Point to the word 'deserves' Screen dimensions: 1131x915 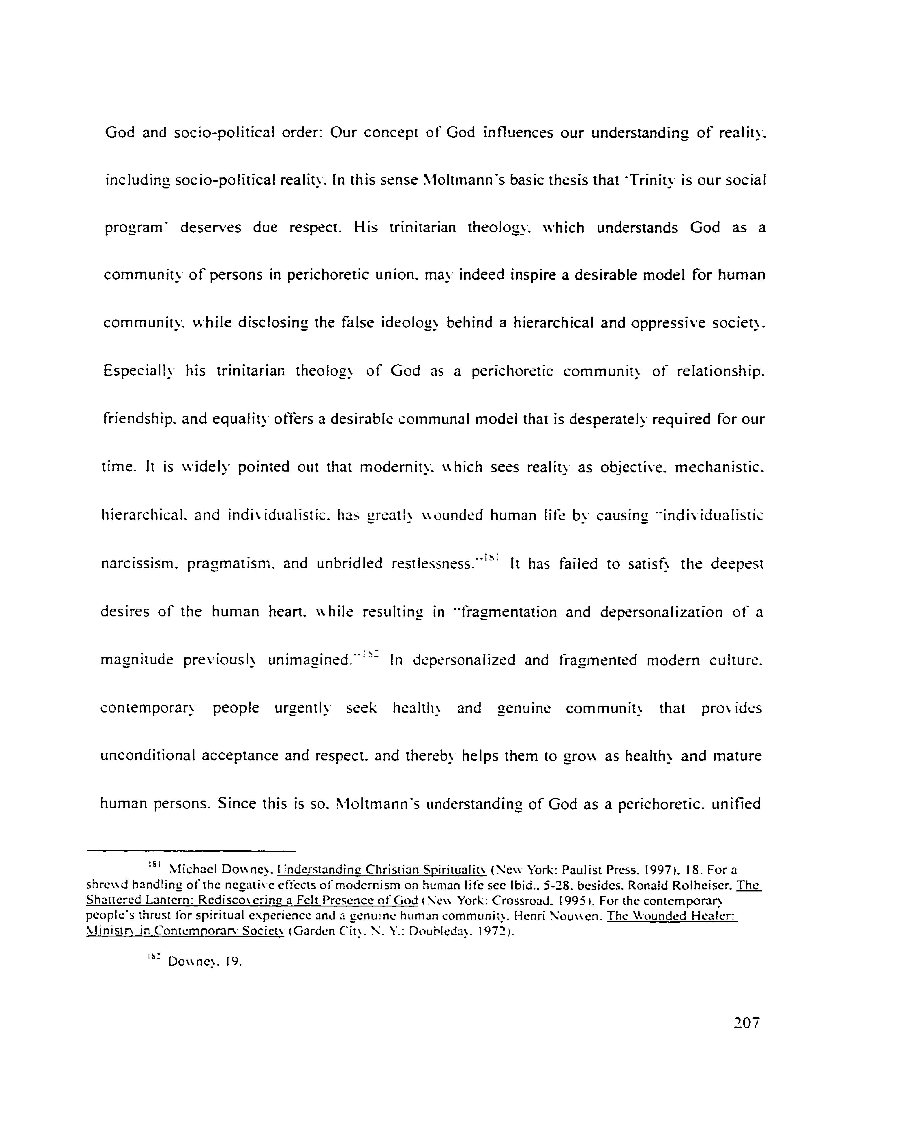(211, 228)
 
